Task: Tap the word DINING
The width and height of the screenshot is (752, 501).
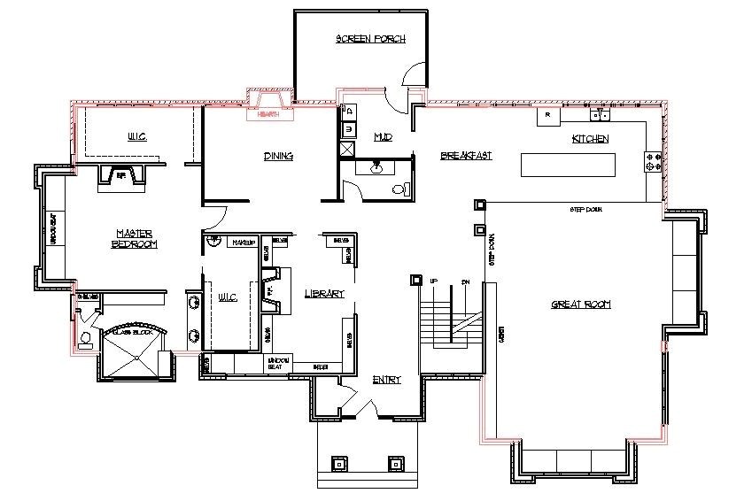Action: tap(278, 156)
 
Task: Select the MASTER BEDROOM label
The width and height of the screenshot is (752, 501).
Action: tap(136, 238)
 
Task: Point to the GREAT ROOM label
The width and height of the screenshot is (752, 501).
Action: tap(580, 304)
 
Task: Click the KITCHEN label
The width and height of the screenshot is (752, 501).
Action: tap(590, 139)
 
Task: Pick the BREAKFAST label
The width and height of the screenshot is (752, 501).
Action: tap(466, 156)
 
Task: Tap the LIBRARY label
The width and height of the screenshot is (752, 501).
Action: tap(323, 293)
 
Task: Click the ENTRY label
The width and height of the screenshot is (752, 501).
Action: tap(386, 380)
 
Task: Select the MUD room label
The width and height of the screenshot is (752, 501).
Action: tap(383, 137)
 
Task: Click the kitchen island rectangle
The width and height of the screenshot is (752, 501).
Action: tap(567, 165)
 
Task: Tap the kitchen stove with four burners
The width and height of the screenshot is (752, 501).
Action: tap(654, 161)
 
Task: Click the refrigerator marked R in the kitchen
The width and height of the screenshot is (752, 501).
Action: tap(547, 115)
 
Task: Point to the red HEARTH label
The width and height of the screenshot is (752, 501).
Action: tap(268, 114)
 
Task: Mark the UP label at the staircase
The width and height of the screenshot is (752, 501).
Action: tap(434, 281)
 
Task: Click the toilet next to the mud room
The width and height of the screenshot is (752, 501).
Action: tap(399, 188)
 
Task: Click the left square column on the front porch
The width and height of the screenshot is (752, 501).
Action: tap(337, 462)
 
